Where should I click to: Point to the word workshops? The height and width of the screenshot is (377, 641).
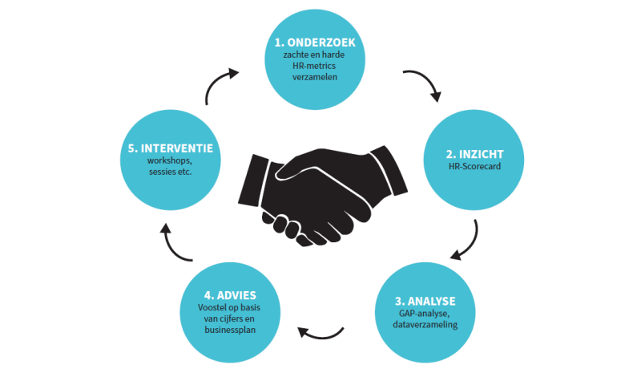coord(169,160)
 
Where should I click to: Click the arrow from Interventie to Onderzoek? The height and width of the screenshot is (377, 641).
coord(220,86)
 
